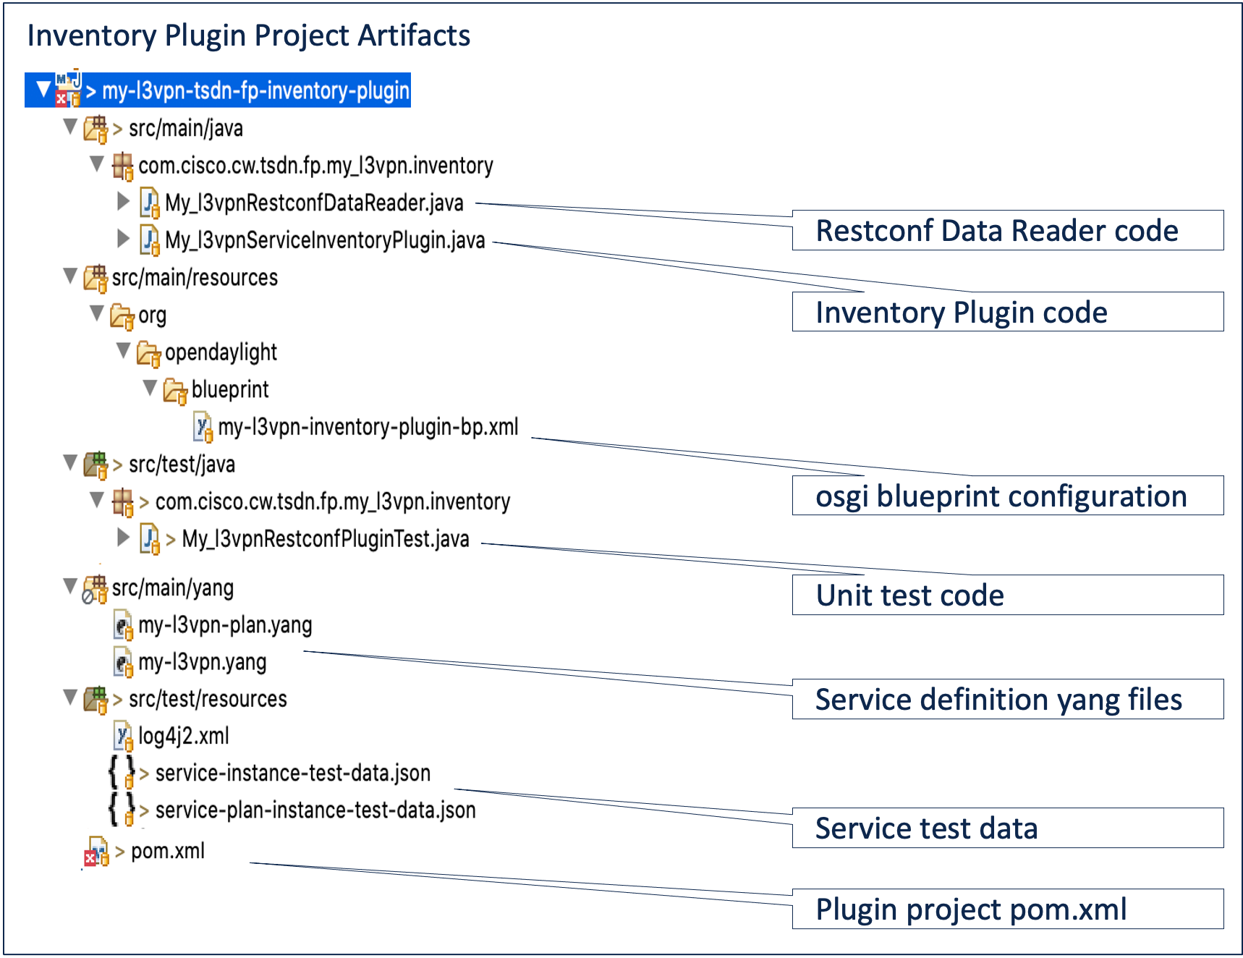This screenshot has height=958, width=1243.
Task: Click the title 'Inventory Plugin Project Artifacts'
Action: pos(248,35)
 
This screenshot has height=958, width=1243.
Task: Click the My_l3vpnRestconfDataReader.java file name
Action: pos(313,203)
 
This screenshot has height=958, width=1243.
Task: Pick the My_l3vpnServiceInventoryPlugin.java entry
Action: pos(324,239)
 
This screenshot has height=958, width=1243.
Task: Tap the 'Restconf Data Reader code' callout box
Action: pos(1007,231)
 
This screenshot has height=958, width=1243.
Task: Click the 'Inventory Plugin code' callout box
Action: pos(1007,312)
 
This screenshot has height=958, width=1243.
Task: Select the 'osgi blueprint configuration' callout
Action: pos(1007,496)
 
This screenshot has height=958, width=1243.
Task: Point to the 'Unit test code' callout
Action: pos(1007,595)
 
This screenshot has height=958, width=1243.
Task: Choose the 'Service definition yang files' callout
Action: pos(1007,699)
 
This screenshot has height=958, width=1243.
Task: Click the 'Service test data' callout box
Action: pos(1007,828)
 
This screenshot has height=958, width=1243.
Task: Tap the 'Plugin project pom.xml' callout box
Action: pos(1007,909)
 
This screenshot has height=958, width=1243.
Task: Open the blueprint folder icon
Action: pos(174,390)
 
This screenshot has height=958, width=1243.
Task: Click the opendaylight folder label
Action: pos(221,352)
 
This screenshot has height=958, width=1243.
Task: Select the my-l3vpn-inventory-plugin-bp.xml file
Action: pos(368,427)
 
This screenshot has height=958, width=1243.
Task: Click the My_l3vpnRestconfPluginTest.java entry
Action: pos(325,539)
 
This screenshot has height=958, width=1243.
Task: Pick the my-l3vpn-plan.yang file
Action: pos(225,624)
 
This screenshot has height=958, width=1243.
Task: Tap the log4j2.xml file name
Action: pos(183,736)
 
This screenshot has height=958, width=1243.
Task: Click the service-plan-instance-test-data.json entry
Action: pos(315,810)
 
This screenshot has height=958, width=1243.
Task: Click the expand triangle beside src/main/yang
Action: pos(70,585)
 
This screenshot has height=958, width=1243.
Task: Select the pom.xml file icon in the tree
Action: pos(96,852)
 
